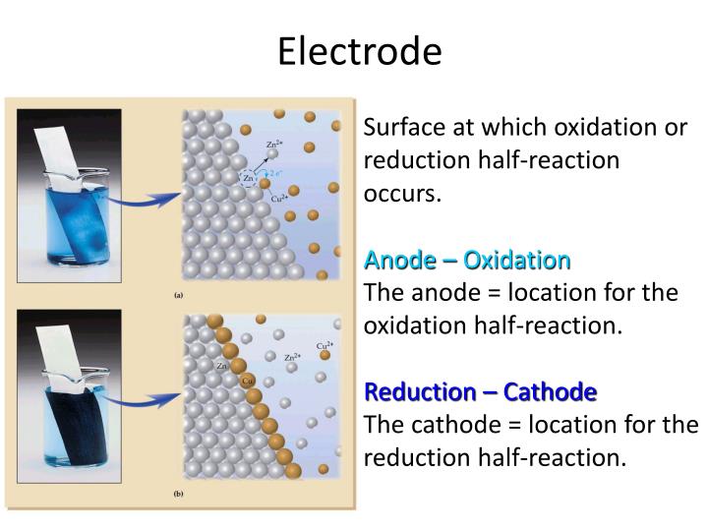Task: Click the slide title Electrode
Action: (x=359, y=51)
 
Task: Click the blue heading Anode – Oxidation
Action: (x=467, y=261)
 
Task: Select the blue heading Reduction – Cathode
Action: (x=480, y=392)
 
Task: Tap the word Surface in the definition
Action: (x=404, y=129)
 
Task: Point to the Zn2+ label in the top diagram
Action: (x=276, y=146)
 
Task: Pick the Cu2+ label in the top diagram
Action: (x=281, y=199)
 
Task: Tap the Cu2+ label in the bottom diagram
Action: (x=324, y=346)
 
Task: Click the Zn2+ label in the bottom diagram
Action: (x=292, y=358)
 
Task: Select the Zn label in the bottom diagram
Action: (x=222, y=365)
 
